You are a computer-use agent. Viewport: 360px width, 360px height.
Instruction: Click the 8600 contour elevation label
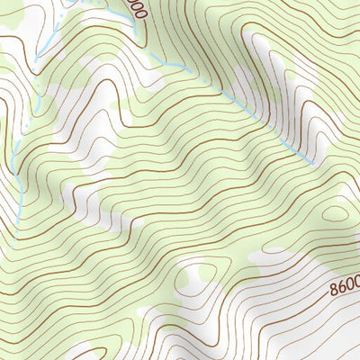tap(345, 289)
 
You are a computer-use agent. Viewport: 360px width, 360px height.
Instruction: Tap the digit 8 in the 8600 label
tap(335, 291)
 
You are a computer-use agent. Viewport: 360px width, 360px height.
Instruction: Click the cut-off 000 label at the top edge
tap(136, 10)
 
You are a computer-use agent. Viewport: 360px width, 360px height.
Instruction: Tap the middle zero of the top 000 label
tap(136, 10)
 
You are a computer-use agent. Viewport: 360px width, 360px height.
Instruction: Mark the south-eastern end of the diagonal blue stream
tap(313, 164)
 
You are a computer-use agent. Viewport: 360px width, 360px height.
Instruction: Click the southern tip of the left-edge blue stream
tap(20, 221)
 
